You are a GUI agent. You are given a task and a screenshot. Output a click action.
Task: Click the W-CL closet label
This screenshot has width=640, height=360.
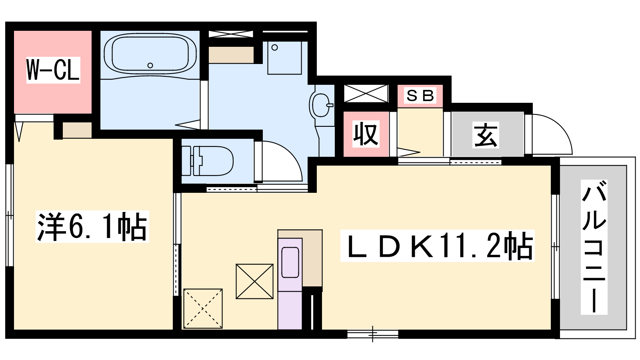(53, 70)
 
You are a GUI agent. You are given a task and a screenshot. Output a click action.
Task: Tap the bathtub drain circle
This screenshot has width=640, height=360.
(150, 66)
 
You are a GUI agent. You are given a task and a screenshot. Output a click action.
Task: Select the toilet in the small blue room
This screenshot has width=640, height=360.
(208, 161)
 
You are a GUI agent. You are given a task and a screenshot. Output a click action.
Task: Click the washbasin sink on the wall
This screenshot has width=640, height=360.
(321, 105)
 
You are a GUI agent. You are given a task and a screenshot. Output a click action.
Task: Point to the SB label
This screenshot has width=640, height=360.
(420, 96)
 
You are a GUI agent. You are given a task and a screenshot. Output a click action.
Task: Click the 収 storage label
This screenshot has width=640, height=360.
(366, 134)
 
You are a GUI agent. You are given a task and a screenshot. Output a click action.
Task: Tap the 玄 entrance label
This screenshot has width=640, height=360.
(486, 135)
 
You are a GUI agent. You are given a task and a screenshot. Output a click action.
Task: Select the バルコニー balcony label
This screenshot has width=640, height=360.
(594, 247)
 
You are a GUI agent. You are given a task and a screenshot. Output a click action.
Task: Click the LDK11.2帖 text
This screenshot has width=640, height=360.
(438, 246)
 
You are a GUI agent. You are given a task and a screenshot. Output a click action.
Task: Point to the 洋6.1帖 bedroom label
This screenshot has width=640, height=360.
(92, 226)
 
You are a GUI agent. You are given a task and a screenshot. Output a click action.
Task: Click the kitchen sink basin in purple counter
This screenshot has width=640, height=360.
(290, 262)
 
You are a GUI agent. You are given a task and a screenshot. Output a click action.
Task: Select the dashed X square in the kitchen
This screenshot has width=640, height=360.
(203, 308)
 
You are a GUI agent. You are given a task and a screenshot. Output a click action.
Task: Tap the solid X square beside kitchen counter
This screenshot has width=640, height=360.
(254, 282)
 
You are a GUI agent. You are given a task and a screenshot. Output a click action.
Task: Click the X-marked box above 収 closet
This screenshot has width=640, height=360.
(366, 94)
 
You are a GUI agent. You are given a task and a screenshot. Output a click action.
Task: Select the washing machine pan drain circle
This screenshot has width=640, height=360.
(274, 48)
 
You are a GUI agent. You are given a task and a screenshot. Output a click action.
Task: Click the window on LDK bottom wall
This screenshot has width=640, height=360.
(373, 334)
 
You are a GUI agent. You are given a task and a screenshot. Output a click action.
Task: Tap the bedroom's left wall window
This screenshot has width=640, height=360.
(10, 215)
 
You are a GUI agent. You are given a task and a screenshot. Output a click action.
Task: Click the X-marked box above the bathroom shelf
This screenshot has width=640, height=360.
(230, 34)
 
